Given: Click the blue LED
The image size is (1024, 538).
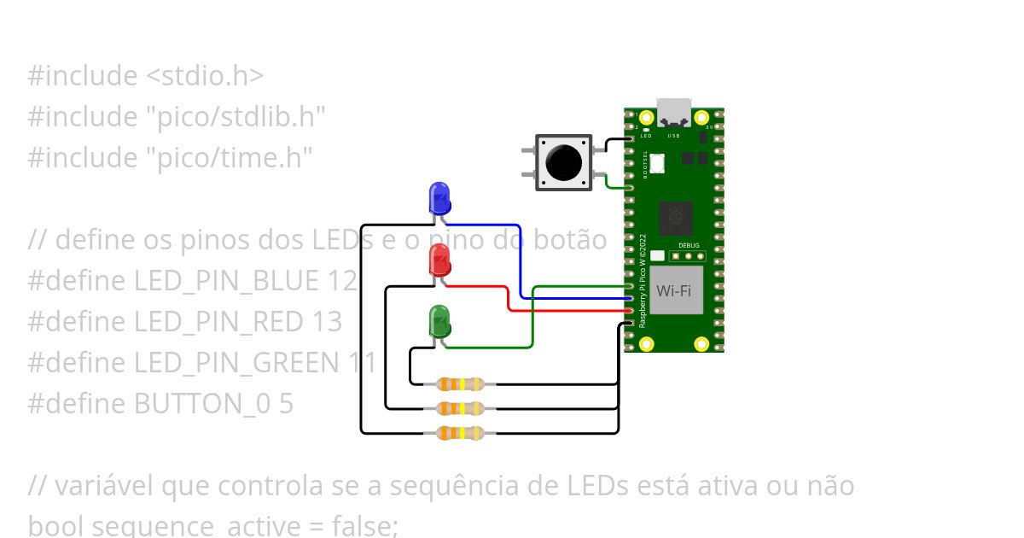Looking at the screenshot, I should point(439,197).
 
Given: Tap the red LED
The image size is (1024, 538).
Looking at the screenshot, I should point(439,260).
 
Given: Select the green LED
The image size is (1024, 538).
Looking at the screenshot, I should point(439,321).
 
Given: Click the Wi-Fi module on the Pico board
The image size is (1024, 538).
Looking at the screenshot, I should point(674,290).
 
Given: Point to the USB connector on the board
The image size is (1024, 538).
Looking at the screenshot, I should point(674,111).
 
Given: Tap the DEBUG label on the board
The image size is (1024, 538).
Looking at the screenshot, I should point(689,245).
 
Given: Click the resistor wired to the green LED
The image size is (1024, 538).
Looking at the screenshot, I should point(460,384).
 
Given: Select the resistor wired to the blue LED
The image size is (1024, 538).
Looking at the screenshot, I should point(460,433).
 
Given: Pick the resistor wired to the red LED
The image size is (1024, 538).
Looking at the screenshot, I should point(460,408).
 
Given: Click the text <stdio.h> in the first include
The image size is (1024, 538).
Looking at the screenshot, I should point(205,76).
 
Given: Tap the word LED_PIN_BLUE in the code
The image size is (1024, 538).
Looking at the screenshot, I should point(226,281).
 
